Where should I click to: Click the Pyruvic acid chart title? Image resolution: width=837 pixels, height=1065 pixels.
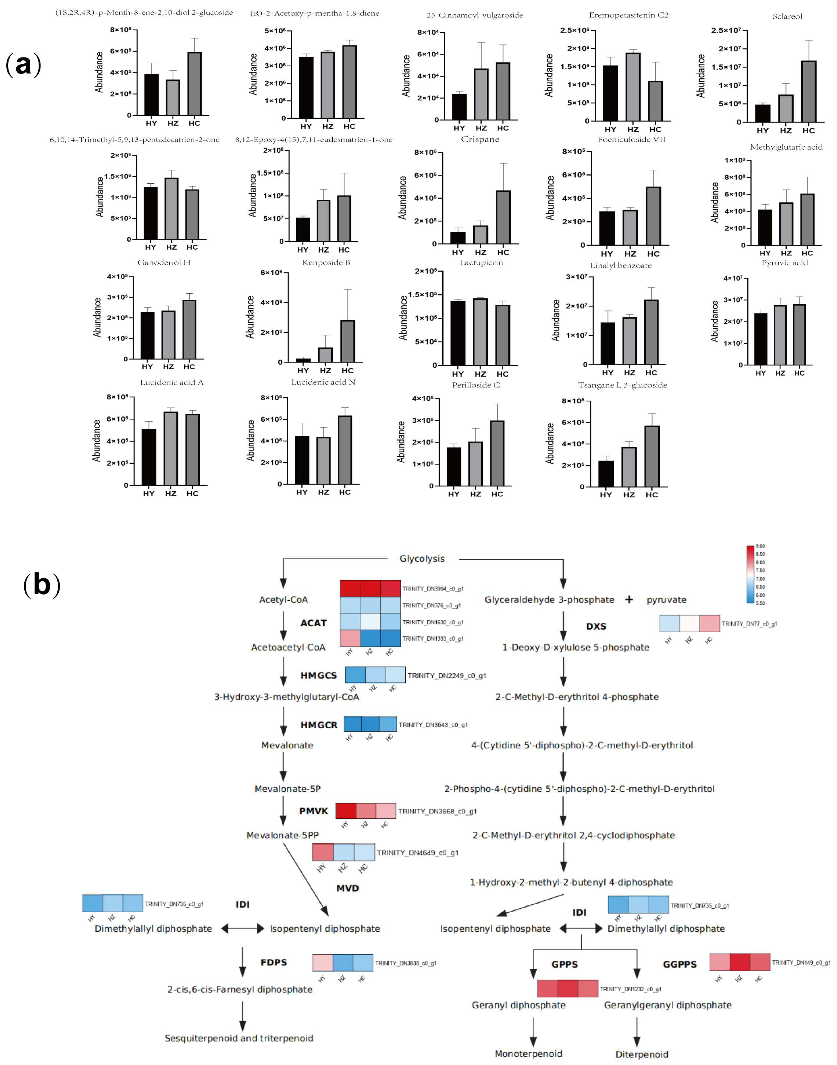[x=785, y=263]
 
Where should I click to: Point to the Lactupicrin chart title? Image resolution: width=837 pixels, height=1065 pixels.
[x=481, y=263]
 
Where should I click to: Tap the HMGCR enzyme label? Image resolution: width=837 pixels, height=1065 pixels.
[x=318, y=725]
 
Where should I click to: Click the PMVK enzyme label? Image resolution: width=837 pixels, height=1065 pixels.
[x=314, y=811]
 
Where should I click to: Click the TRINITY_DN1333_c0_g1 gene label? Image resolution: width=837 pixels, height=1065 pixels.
[x=433, y=639]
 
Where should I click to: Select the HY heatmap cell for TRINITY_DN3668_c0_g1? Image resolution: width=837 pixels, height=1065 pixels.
[x=346, y=811]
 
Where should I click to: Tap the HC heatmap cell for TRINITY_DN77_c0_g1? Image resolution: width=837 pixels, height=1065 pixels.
[x=710, y=624]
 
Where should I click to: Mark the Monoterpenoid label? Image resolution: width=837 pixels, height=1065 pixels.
[x=528, y=1054]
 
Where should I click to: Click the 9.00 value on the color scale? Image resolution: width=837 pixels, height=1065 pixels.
[x=760, y=546]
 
